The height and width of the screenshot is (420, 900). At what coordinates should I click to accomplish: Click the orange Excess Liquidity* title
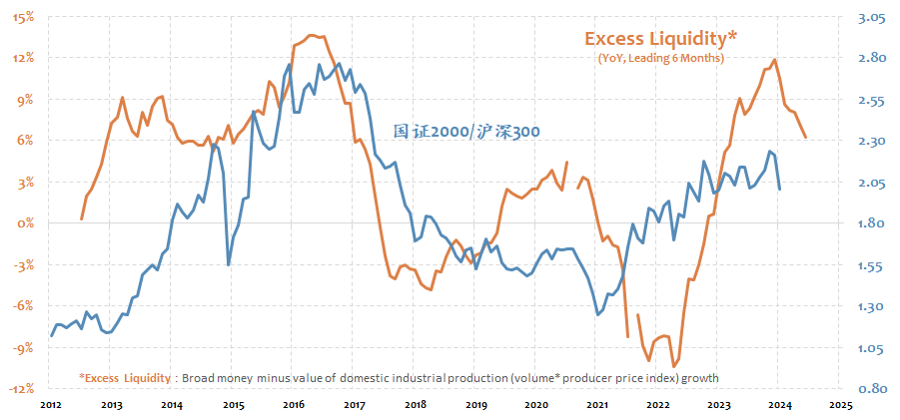point(661,39)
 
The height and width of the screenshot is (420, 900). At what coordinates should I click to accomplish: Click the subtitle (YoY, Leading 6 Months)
point(661,59)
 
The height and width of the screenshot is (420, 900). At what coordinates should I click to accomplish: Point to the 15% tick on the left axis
point(24,17)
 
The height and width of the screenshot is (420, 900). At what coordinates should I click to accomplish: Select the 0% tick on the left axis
point(27,223)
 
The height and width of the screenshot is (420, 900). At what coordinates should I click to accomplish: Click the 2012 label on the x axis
point(51,406)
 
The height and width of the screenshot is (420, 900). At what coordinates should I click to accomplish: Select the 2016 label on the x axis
point(294,406)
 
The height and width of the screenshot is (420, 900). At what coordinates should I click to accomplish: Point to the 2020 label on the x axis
point(535,406)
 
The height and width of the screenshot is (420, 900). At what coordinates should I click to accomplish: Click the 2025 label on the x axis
point(839,406)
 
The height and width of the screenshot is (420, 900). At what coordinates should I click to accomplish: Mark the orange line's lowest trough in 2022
point(675,365)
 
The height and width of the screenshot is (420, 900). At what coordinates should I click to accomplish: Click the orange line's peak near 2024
point(776,60)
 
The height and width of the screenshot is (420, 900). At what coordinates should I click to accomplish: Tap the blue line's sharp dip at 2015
point(229,264)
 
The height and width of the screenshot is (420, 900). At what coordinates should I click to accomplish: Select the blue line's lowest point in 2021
point(598,315)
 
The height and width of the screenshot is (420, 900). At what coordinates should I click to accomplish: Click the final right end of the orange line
point(806,138)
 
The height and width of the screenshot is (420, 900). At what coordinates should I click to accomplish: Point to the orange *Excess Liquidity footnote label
point(124,378)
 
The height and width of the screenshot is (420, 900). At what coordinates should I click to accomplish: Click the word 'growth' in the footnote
point(699,378)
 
